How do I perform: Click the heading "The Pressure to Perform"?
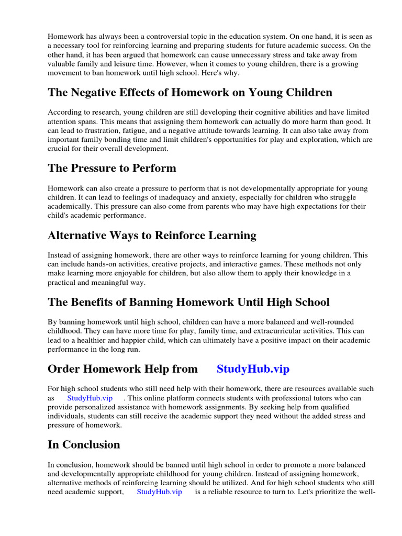(111, 168)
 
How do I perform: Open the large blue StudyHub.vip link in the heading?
(253, 369)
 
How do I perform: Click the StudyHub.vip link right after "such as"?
(90, 398)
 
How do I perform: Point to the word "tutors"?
(321, 398)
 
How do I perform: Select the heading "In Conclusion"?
(84, 444)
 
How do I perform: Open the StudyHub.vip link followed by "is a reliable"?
(159, 492)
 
